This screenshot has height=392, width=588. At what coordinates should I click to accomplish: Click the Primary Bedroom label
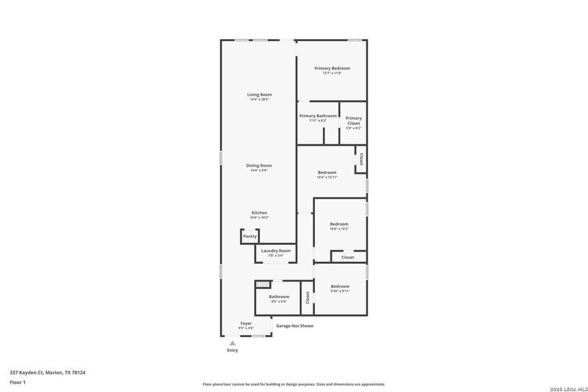pyautogui.click(x=332, y=69)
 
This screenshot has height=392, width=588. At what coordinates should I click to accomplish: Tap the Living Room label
pyautogui.click(x=259, y=95)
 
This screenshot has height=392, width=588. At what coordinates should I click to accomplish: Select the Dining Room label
pyautogui.click(x=259, y=165)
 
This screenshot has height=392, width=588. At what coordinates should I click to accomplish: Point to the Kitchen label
pyautogui.click(x=259, y=213)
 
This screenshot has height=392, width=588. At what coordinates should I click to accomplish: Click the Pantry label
pyautogui.click(x=250, y=237)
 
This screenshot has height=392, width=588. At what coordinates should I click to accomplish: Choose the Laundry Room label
pyautogui.click(x=276, y=251)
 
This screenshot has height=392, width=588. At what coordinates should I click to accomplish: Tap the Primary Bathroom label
pyautogui.click(x=318, y=116)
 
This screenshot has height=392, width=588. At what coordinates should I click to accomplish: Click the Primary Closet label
pyautogui.click(x=353, y=121)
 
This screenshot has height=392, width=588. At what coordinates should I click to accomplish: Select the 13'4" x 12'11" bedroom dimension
pyautogui.click(x=327, y=177)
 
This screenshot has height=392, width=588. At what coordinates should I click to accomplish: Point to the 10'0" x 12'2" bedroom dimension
pyautogui.click(x=339, y=229)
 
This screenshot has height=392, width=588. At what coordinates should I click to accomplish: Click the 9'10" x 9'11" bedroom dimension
pyautogui.click(x=340, y=291)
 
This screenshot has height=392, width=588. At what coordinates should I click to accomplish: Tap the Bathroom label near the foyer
pyautogui.click(x=279, y=297)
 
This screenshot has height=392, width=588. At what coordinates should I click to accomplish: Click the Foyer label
pyautogui.click(x=246, y=323)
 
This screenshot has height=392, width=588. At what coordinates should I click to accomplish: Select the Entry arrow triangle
pyautogui.click(x=232, y=343)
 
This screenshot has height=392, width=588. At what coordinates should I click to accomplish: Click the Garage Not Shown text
pyautogui.click(x=294, y=326)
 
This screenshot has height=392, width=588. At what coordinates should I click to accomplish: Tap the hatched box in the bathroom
pyautogui.click(x=263, y=284)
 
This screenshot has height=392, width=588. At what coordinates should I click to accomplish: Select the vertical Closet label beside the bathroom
pyautogui.click(x=307, y=298)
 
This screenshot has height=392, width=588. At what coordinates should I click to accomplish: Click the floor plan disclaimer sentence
pyautogui.click(x=293, y=384)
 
